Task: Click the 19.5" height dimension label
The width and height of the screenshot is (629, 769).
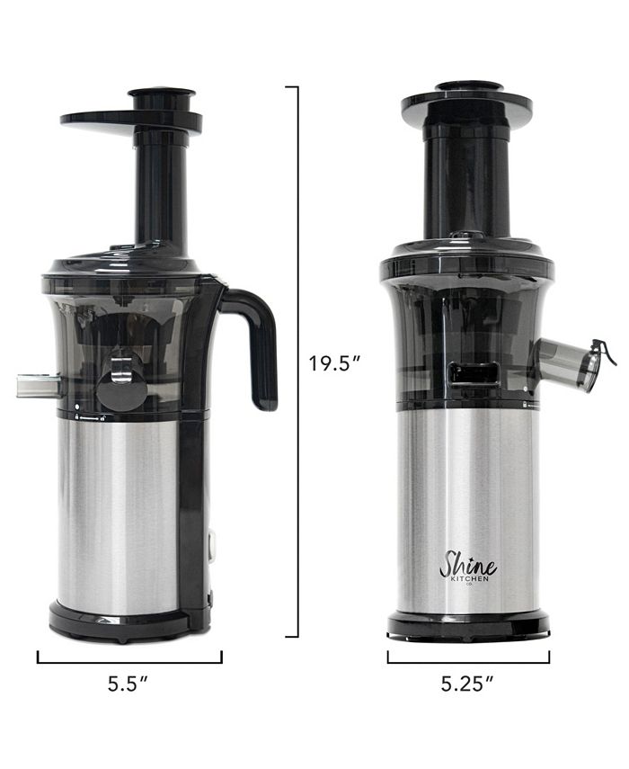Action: pyautogui.click(x=334, y=364)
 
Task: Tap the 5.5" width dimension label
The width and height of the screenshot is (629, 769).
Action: pyautogui.click(x=128, y=683)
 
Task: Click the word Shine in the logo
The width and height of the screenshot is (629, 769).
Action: pyautogui.click(x=467, y=565)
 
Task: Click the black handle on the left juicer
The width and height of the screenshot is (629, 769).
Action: pyautogui.click(x=255, y=342)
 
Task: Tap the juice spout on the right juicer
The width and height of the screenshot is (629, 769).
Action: pyautogui.click(x=566, y=364)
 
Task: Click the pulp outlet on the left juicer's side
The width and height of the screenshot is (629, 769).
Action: pyautogui.click(x=38, y=387)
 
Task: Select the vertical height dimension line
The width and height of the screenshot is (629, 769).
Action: pyautogui.click(x=297, y=360)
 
